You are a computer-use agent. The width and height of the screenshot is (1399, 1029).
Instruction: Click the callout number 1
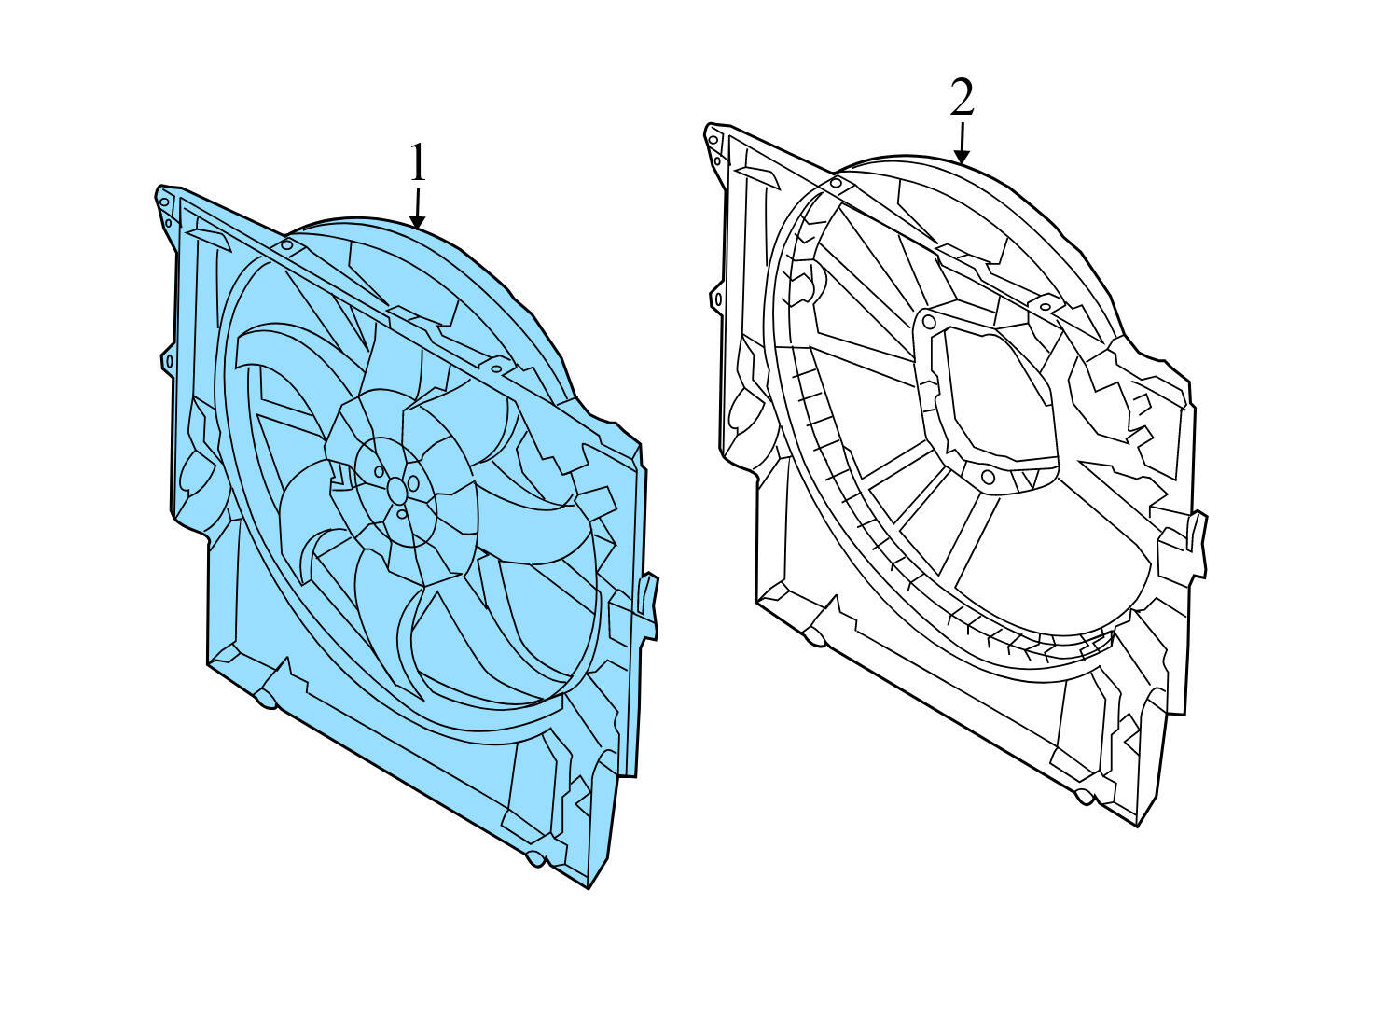[x=417, y=164]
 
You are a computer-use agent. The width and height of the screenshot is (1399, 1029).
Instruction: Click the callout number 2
[x=962, y=98]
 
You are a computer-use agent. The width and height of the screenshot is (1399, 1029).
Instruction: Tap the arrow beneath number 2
[x=962, y=146]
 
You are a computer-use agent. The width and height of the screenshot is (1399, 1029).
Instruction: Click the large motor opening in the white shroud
[x=998, y=392]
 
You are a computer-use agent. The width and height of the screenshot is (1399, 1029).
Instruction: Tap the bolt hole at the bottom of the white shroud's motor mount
[x=989, y=478]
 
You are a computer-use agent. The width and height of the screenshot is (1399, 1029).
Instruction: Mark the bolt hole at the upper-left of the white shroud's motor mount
[x=928, y=321]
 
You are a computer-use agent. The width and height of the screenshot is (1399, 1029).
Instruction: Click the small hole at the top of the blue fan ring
[x=287, y=245]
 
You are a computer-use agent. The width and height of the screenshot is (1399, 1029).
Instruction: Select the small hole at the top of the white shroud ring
[x=836, y=184]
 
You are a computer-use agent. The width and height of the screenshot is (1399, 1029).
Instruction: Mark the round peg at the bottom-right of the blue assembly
[x=534, y=858]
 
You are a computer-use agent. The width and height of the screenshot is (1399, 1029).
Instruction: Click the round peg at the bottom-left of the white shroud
[x=815, y=637]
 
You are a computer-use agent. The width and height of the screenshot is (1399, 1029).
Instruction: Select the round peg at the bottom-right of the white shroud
[x=1083, y=797]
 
